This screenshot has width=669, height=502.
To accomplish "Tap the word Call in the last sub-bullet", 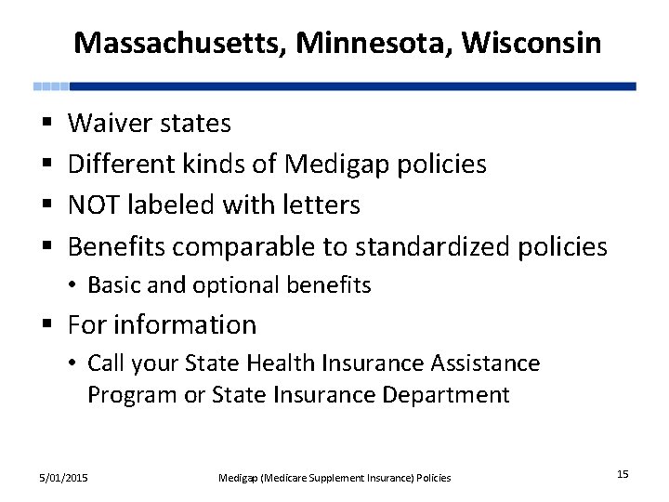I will [109, 363].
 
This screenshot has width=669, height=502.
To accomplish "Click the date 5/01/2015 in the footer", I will [64, 478].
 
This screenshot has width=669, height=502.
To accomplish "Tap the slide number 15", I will [622, 475].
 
